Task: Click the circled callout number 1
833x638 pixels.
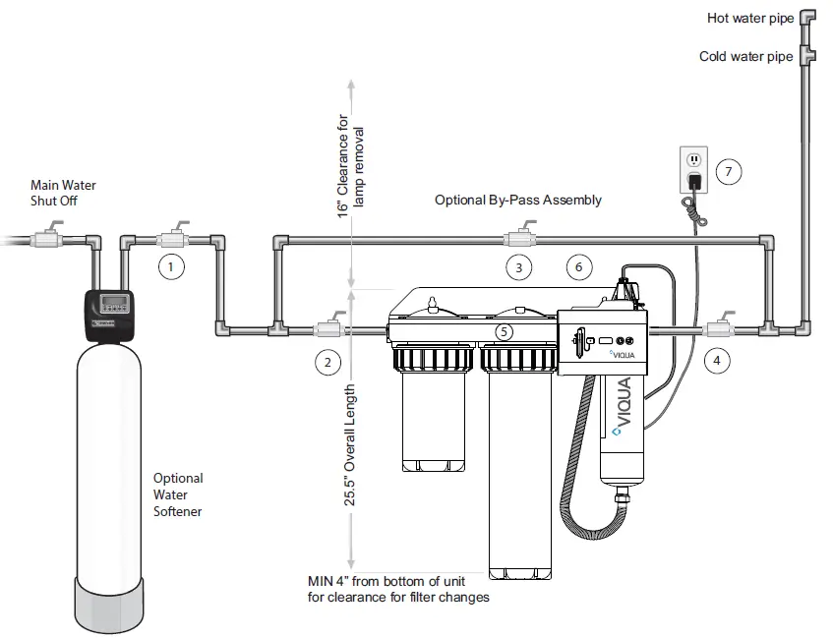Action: pyautogui.click(x=171, y=266)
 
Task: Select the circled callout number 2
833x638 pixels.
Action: pyautogui.click(x=327, y=362)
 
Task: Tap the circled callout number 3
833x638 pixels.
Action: pyautogui.click(x=519, y=266)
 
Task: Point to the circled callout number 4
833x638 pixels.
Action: pyautogui.click(x=717, y=361)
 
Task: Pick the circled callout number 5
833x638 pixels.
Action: pyautogui.click(x=504, y=332)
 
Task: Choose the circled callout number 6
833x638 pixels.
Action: pyautogui.click(x=579, y=266)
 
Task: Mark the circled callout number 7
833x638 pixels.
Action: pyautogui.click(x=728, y=172)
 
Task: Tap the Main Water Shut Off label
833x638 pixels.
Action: pyautogui.click(x=63, y=193)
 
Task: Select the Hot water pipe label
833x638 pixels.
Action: pyautogui.click(x=749, y=18)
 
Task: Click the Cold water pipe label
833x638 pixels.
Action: pyautogui.click(x=745, y=56)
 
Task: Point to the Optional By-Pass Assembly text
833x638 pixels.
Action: pyautogui.click(x=517, y=200)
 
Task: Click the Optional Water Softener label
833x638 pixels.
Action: pyautogui.click(x=178, y=494)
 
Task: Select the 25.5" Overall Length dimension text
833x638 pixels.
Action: pyautogui.click(x=350, y=445)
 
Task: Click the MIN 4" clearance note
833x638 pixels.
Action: pyautogui.click(x=399, y=589)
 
